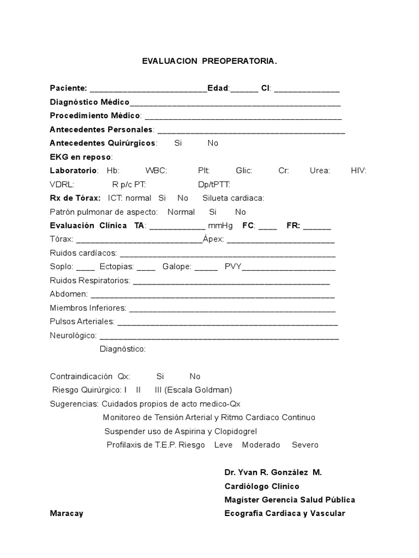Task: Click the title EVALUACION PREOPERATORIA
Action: pos(209,62)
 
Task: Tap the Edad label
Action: pos(218,88)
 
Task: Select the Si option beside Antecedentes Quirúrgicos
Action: pos(178,143)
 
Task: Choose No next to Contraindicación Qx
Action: pos(195,377)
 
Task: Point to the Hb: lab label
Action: pos(113,171)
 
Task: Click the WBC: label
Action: pos(156,171)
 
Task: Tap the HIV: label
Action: pos(359,171)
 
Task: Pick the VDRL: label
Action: pos(62,185)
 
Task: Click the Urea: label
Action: pos(320,171)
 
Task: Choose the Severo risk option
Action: pos(305,445)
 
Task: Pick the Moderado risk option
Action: pos(261,445)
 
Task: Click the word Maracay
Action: pos(67,514)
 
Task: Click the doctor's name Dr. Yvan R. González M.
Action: pos(273,472)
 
